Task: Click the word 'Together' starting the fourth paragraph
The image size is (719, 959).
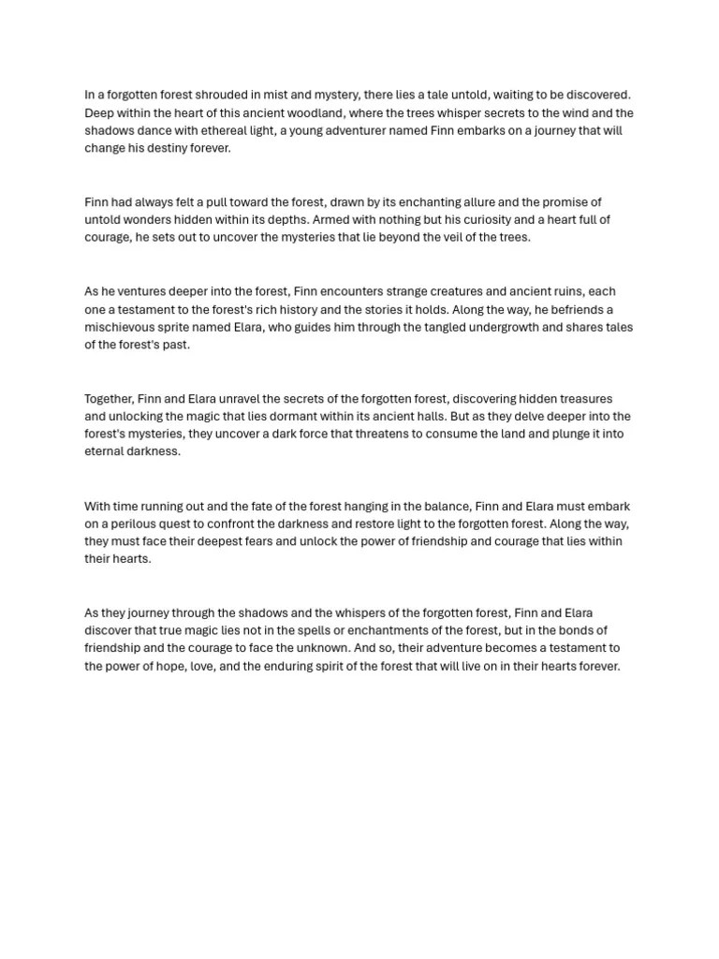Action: pyautogui.click(x=110, y=399)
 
